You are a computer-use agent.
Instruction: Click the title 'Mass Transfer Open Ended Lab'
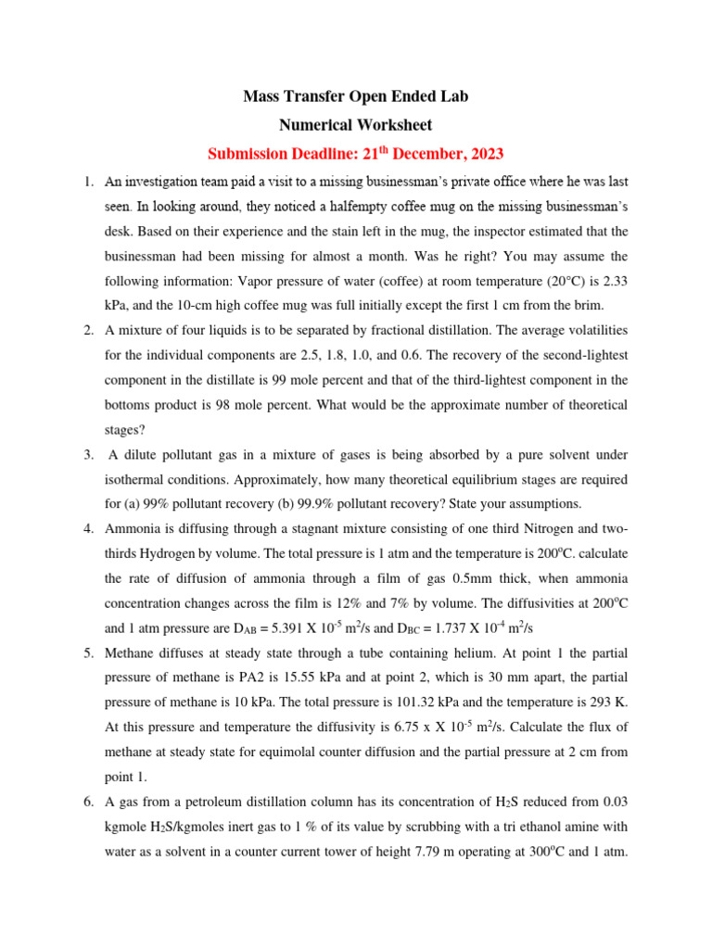[357, 96]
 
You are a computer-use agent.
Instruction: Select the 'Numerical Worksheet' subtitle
[357, 124]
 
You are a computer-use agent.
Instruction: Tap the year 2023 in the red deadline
[486, 154]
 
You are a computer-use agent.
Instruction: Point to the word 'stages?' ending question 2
[126, 430]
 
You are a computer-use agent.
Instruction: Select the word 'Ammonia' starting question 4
[133, 528]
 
